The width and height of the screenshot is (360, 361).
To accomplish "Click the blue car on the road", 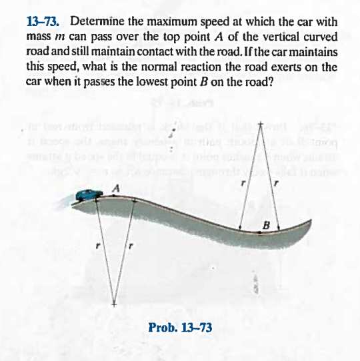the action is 88,195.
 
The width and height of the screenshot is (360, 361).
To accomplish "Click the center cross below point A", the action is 114,304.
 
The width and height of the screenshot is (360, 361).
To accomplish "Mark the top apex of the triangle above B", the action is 262,126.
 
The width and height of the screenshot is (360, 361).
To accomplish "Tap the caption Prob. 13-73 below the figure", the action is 179,327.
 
